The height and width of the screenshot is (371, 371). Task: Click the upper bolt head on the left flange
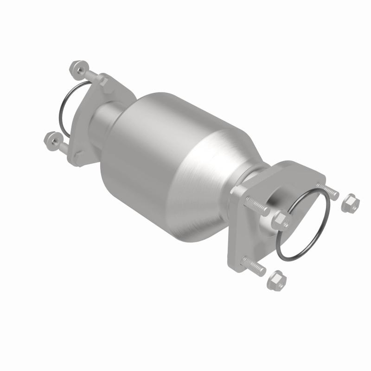coord(104,82)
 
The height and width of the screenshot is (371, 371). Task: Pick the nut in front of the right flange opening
coord(281,220)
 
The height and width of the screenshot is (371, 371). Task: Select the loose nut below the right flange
coord(277,280)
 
